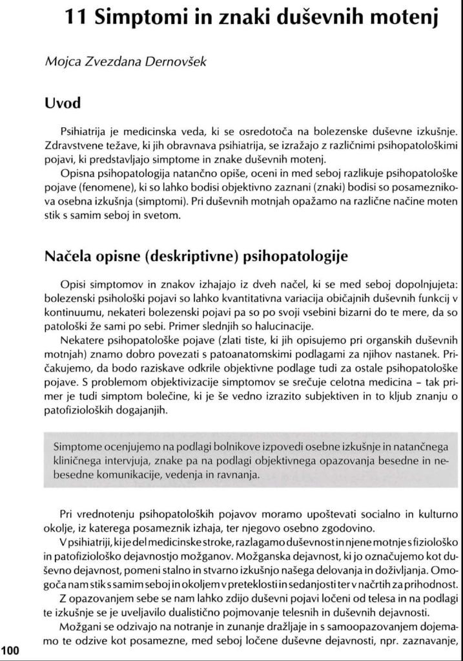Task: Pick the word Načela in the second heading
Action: [x=68, y=257]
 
